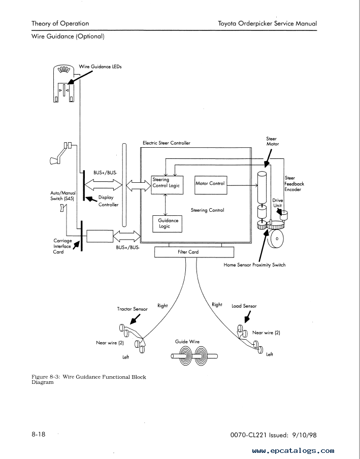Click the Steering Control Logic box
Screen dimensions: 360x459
167,185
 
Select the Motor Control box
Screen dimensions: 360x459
211,185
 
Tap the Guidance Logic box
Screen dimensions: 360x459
167,224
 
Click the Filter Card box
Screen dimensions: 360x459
194,252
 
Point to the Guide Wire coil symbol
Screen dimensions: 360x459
194,356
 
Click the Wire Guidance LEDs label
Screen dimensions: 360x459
100,67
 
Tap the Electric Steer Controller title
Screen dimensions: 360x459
166,143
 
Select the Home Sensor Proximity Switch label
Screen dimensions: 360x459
254,265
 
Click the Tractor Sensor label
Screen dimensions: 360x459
133,309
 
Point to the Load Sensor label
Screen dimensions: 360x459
244,306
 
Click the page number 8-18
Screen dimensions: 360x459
39,434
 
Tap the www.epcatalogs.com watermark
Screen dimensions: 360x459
293,451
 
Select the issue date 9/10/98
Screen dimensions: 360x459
304,435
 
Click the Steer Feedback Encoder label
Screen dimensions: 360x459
294,183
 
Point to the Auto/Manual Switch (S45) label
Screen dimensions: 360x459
63,196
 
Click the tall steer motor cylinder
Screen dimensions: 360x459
261,188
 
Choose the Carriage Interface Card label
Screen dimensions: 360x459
62,246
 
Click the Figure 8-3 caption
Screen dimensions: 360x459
89,379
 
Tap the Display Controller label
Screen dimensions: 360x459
108,201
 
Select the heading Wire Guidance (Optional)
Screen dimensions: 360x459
68,36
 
